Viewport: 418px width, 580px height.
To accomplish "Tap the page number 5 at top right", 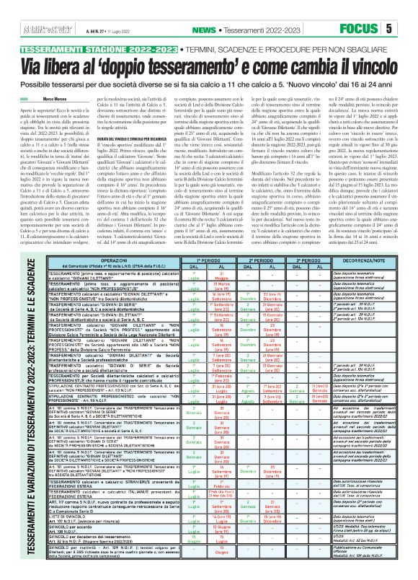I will pos(408,9).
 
